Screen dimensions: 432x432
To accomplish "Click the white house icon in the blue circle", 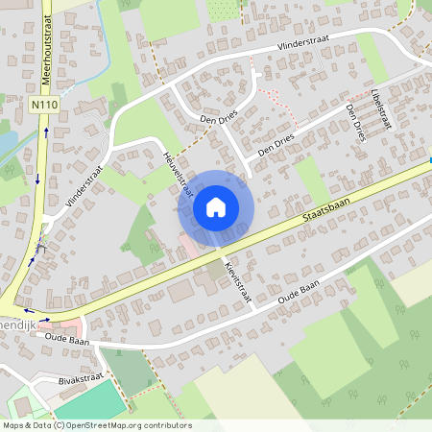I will tap(215, 206).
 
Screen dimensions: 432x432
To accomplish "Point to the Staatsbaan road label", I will tap(321, 204).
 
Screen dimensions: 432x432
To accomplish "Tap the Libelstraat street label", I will tap(381, 108).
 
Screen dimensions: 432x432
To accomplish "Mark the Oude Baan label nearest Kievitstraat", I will tap(298, 294).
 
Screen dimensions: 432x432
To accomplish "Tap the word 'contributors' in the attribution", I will tap(167, 425).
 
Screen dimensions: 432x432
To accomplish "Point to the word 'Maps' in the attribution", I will tap(13, 425).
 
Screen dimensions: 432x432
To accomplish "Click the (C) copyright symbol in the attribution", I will tap(59, 425).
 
